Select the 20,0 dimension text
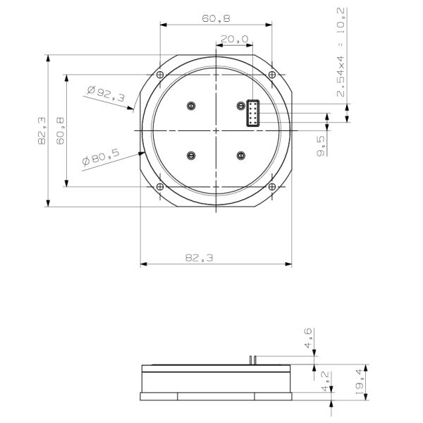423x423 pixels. pyautogui.click(x=234, y=39)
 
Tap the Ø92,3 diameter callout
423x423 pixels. pyautogui.click(x=106, y=94)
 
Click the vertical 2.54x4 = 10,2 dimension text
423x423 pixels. pyautogui.click(x=341, y=53)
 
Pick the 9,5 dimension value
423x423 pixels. pyautogui.click(x=321, y=147)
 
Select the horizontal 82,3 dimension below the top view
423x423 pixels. pyautogui.click(x=200, y=258)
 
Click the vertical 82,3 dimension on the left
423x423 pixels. pyautogui.click(x=42, y=131)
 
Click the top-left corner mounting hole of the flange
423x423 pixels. pyautogui.click(x=160, y=75)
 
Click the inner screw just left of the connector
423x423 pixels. pyautogui.click(x=240, y=106)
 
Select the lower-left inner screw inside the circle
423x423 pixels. pyautogui.click(x=190, y=156)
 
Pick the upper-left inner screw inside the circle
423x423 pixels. pyautogui.click(x=190, y=106)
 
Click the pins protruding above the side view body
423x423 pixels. pyautogui.click(x=250, y=360)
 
